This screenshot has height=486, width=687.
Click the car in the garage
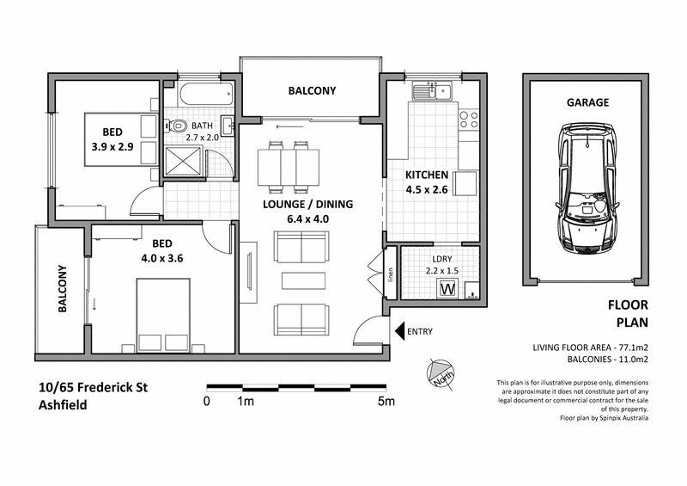pyautogui.click(x=587, y=189)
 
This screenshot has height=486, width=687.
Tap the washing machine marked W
pyautogui.click(x=447, y=289)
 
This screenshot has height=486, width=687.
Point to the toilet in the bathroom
pyautogui.click(x=177, y=126)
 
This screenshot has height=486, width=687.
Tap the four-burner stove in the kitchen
pyautogui.click(x=469, y=120)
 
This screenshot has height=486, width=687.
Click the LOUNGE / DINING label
pyautogui.click(x=308, y=205)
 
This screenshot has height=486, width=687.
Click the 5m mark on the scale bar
pyautogui.click(x=386, y=401)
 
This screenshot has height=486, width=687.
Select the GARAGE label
pyautogui.click(x=587, y=102)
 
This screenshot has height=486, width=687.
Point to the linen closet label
pyautogui.click(x=389, y=274)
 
